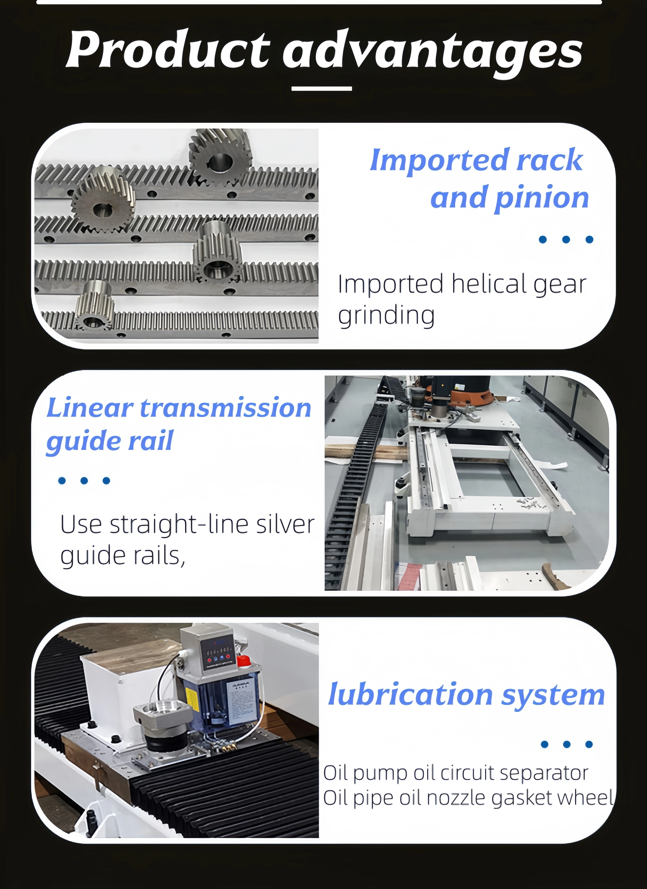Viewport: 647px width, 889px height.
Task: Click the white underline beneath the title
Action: pos(322,89)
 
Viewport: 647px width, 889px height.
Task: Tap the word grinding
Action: pos(386,316)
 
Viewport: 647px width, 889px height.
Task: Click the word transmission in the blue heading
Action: pos(226,408)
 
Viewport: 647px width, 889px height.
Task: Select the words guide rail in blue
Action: pos(110,441)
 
